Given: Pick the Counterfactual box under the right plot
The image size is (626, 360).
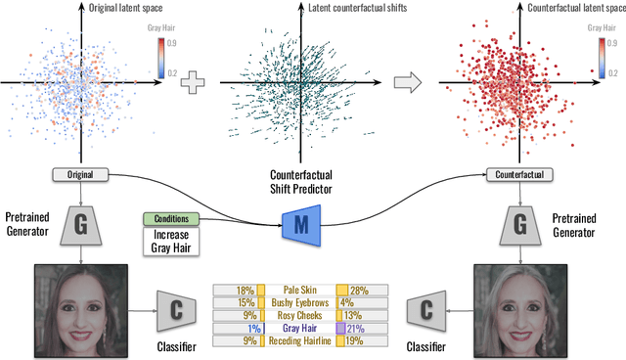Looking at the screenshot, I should click(x=518, y=175).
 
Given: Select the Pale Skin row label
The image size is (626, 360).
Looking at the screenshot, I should click(x=300, y=291).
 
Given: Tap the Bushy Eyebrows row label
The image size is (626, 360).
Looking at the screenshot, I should click(x=300, y=303).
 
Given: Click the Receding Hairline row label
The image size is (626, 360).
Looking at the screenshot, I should click(x=300, y=341).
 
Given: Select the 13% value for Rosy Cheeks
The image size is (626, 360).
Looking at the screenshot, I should click(x=354, y=316).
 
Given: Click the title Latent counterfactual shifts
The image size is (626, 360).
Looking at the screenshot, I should click(x=335, y=9).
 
